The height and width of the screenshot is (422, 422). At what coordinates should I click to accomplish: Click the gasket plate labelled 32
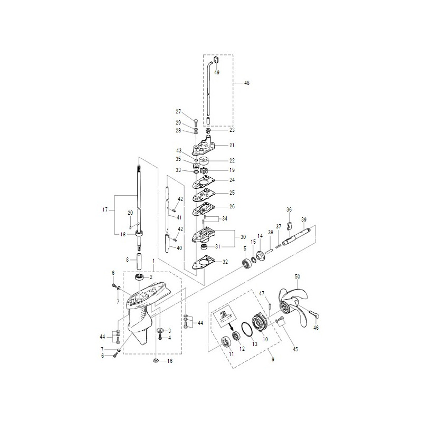(201, 263)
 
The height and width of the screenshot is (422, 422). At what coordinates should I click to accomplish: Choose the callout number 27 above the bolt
(178, 111)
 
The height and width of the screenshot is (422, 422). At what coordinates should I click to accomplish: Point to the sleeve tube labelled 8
(140, 261)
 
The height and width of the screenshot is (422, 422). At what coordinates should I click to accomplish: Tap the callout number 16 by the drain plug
(170, 361)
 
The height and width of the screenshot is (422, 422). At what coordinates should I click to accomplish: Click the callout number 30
(243, 237)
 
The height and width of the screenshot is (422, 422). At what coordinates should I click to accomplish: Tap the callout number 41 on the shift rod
(179, 217)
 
